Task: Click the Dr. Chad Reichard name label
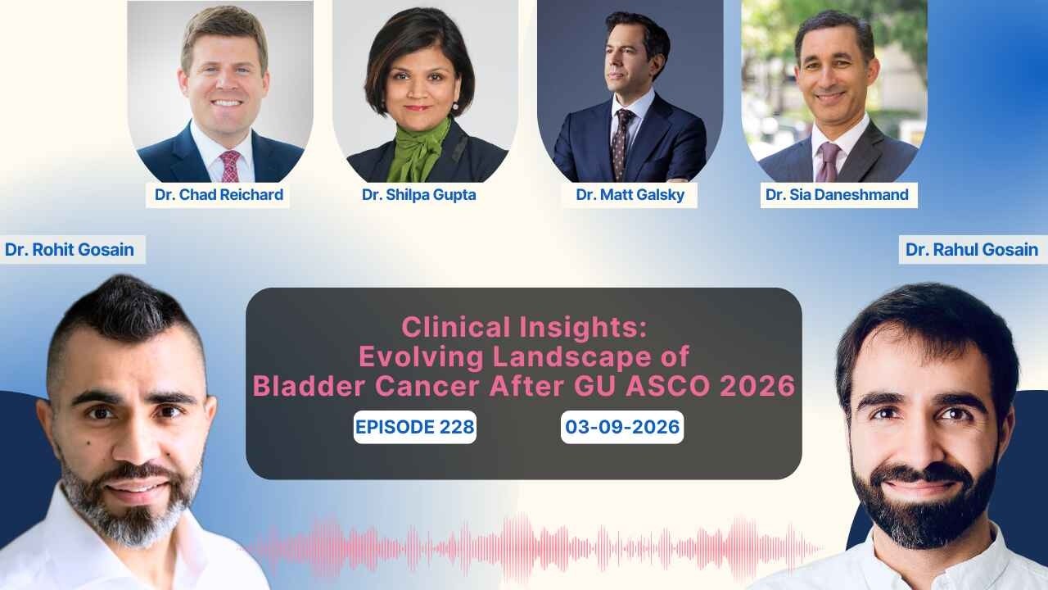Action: coord(219,195)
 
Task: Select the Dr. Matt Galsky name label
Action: coord(630,195)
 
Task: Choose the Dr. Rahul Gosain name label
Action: coord(972,249)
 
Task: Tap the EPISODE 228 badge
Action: coord(414,427)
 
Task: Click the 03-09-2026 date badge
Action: coord(621,427)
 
